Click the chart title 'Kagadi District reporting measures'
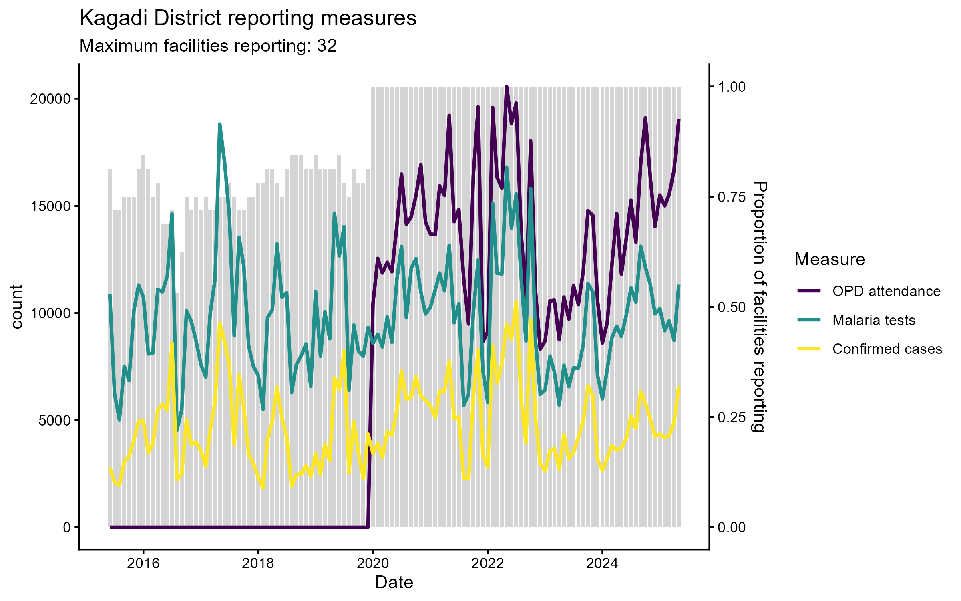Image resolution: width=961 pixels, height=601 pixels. [248, 18]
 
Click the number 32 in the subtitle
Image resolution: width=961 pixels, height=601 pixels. [327, 46]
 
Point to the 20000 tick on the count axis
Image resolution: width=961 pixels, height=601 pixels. [50, 99]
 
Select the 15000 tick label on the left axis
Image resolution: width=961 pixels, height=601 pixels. [50, 206]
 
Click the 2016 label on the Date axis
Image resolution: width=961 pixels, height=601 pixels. [143, 564]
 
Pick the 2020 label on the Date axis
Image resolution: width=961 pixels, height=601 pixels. [373, 564]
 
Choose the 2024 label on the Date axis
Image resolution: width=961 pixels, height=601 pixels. [602, 564]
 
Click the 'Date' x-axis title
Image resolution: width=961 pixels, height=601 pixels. [394, 583]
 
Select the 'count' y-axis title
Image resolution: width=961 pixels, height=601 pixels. [17, 307]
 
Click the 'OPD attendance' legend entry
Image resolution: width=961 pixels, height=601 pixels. [886, 291]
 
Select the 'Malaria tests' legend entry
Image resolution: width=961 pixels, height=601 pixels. [874, 320]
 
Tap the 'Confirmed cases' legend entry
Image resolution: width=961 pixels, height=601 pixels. [887, 349]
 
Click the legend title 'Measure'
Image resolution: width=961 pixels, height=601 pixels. [830, 260]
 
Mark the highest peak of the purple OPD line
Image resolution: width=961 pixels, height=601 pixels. [507, 87]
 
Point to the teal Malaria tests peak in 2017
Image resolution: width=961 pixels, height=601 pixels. [220, 125]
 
